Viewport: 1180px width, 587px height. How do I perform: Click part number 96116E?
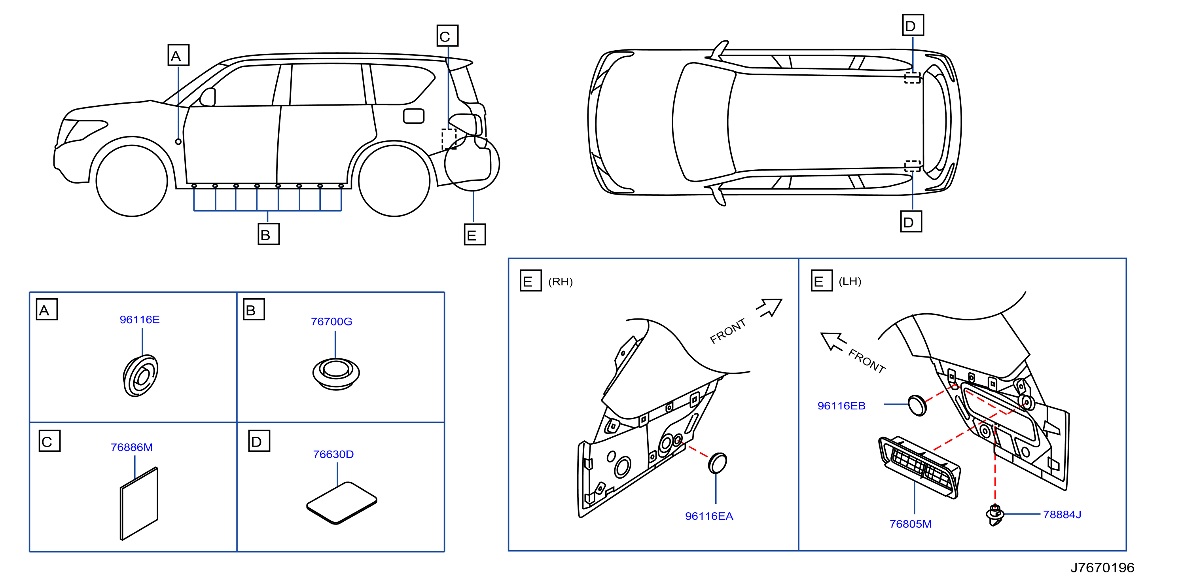pos(140,320)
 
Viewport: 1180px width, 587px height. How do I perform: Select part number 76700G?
pos(331,322)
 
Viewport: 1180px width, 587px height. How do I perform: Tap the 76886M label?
pos(132,447)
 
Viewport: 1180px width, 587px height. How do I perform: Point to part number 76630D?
pos(333,454)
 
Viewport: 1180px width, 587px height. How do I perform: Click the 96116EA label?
pos(709,516)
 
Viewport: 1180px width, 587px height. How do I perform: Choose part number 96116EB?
pos(841,406)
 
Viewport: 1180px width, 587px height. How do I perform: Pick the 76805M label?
pos(911,524)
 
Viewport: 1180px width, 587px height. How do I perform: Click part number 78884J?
pos(1062,514)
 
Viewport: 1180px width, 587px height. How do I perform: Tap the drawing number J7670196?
pos(1102,568)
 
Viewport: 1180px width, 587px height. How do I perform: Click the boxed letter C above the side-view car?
pos(447,36)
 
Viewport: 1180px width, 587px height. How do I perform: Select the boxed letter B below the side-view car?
pos(269,234)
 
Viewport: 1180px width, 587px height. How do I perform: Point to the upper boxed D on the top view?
pos(913,25)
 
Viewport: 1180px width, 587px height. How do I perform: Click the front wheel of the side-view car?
pos(132,180)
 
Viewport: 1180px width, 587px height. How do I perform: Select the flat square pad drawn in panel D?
pos(342,503)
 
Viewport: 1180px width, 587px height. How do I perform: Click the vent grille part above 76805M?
pos(919,467)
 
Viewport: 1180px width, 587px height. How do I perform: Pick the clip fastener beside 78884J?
pos(994,515)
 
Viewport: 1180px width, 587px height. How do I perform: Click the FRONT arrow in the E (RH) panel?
pos(769,308)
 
